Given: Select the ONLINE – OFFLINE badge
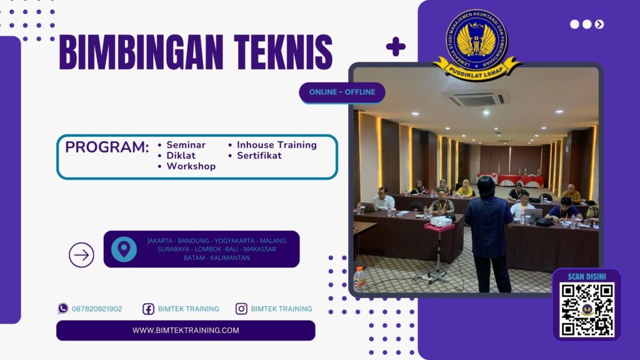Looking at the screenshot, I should click(x=342, y=92).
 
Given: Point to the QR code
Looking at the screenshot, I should click(x=586, y=309).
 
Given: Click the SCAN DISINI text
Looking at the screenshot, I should click(x=586, y=276).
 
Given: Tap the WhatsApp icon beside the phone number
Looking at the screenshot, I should click(x=63, y=308).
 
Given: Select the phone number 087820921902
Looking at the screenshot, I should click(x=97, y=309).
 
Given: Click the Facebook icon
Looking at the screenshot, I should click(x=148, y=309).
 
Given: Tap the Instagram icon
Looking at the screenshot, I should click(x=241, y=309).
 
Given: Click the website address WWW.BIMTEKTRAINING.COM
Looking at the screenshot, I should click(x=186, y=331).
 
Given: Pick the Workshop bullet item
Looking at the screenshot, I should click(x=191, y=166).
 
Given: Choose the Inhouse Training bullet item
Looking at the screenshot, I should click(x=276, y=145).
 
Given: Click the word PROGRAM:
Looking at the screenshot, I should click(x=107, y=148).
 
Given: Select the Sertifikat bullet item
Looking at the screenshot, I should click(x=259, y=156).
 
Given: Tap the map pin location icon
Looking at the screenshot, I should click(x=124, y=249).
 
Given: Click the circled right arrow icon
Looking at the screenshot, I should click(x=81, y=254).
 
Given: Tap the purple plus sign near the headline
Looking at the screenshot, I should click(x=395, y=47).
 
